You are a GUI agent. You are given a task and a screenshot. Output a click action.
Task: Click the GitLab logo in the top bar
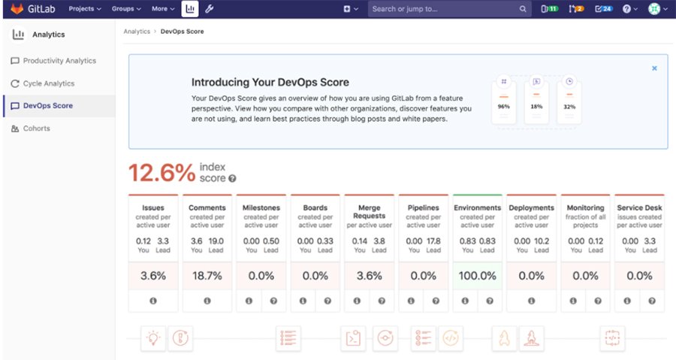tap(17, 9)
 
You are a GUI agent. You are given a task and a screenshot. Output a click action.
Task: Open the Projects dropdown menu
tap(86, 9)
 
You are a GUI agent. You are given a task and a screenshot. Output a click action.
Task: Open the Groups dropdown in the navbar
tap(127, 9)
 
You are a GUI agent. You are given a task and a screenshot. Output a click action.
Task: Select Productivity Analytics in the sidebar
tap(59, 61)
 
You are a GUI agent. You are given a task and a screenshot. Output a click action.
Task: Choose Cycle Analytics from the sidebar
tap(48, 83)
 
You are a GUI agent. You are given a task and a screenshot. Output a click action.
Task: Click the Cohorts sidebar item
tap(36, 129)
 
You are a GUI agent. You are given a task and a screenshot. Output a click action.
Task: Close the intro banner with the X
tap(654, 68)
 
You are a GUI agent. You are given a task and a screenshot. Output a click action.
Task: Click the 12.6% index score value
tap(161, 173)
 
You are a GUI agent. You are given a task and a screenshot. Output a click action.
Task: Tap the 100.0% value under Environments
tap(478, 276)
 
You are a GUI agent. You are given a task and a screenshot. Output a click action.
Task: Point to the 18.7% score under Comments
tap(207, 276)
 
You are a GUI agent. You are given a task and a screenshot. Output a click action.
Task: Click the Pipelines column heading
tap(424, 208)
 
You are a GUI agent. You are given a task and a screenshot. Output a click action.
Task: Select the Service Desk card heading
tap(639, 208)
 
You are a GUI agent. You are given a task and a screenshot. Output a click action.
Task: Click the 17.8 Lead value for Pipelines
tap(433, 241)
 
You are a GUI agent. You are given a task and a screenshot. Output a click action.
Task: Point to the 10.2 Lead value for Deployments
tap(541, 241)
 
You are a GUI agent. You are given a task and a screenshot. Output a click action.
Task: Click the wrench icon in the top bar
tap(210, 9)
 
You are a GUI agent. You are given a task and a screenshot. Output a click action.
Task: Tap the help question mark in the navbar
tap(627, 9)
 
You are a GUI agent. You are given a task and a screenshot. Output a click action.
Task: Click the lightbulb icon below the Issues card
tap(153, 338)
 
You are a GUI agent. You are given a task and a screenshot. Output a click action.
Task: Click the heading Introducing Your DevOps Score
tap(270, 83)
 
